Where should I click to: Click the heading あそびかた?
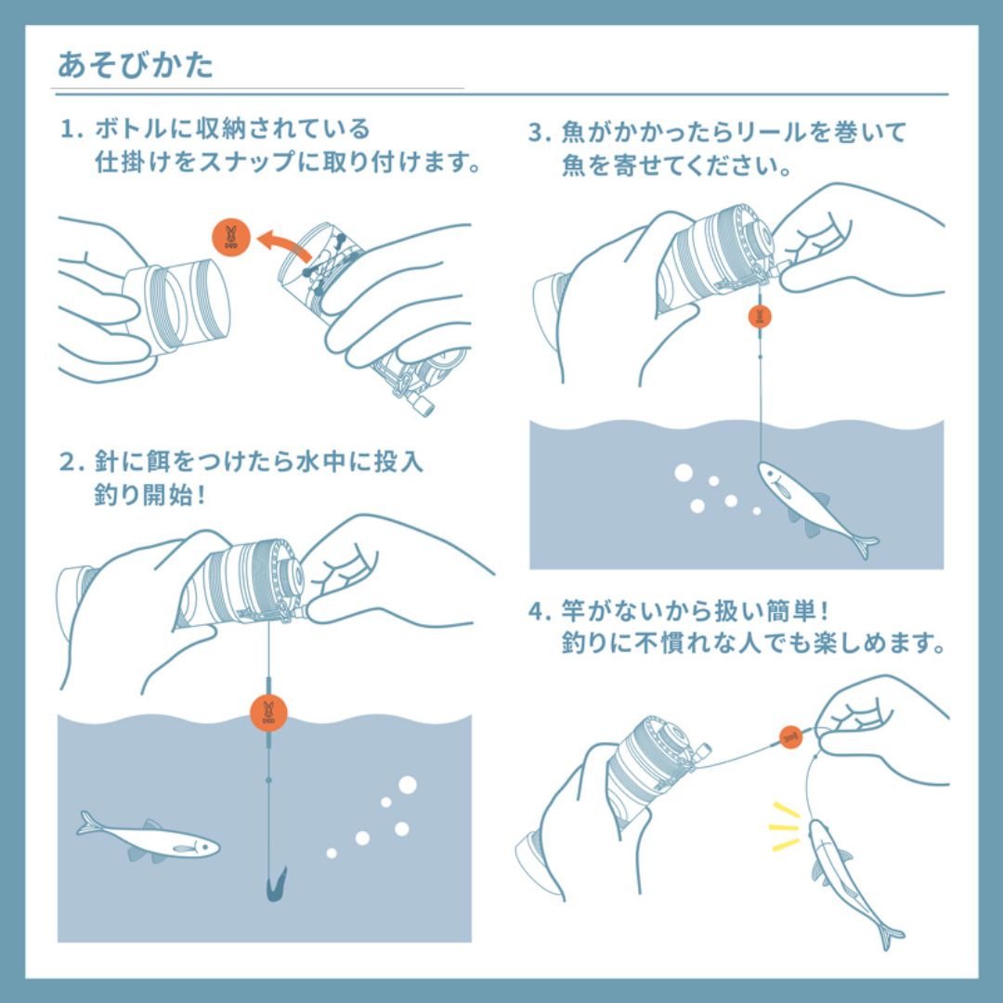point(136,65)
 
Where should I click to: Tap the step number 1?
point(67,129)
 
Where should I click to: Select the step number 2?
point(67,462)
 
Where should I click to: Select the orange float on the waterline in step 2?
point(268,712)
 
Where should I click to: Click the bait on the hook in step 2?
point(275,884)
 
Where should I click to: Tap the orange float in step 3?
point(760,317)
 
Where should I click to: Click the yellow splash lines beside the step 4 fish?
point(784,827)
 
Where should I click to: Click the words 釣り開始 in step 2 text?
point(143,495)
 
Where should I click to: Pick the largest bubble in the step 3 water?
point(683,474)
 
